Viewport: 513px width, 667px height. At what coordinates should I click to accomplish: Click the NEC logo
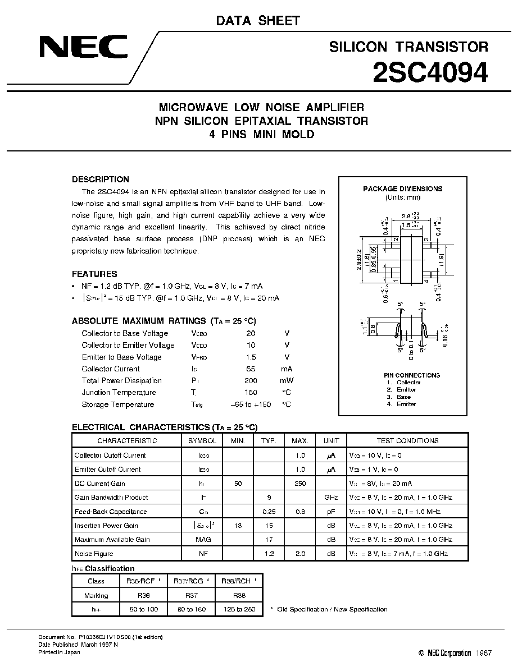[x=83, y=47]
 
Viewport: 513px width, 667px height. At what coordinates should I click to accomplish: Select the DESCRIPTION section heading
[x=101, y=180]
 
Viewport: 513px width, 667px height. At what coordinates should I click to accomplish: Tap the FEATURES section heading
[x=94, y=274]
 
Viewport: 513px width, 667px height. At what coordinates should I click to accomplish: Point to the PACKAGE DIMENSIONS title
[x=402, y=189]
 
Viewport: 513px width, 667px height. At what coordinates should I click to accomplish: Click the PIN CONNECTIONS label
[x=404, y=375]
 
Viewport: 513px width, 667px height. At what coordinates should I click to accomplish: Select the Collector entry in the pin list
[x=408, y=383]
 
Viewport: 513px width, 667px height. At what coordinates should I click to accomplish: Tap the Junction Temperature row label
[x=119, y=393]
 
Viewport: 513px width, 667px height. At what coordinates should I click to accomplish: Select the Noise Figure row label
[x=94, y=554]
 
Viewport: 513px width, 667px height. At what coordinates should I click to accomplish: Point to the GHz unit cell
[x=330, y=498]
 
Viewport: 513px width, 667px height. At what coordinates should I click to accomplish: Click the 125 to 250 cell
[x=239, y=609]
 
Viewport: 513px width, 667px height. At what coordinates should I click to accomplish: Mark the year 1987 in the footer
[x=483, y=654]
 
